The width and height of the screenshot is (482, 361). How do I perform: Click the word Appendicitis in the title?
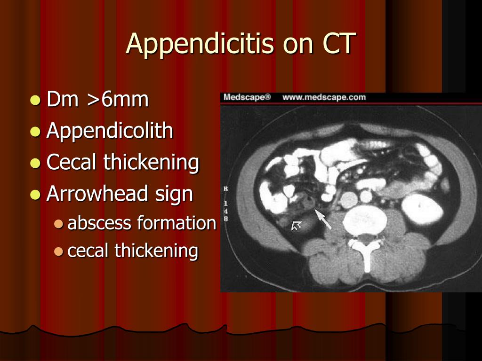pos(200,44)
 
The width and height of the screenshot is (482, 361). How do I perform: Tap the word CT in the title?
pos(338,44)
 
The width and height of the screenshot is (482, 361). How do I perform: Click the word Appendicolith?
pos(110,131)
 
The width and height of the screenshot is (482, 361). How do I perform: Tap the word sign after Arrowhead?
pos(174,194)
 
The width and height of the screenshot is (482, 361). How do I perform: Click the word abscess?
pos(99,223)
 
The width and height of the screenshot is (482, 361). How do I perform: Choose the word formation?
pos(177,223)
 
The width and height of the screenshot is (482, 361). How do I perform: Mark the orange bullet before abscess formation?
pos(58,224)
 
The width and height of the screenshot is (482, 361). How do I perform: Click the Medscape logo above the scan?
pos(247,97)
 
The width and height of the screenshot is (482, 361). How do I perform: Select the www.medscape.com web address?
pos(324,97)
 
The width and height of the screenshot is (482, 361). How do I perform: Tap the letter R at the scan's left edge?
pos(225,188)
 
